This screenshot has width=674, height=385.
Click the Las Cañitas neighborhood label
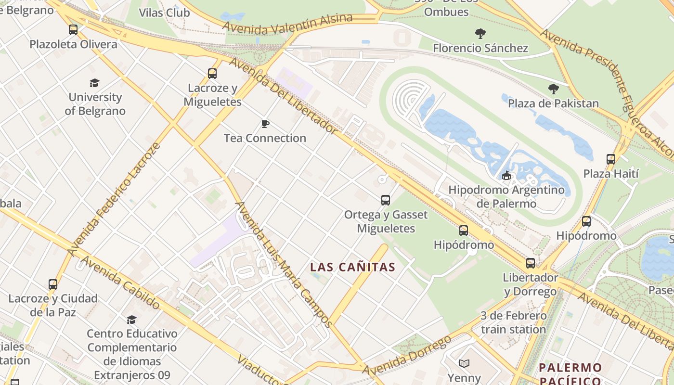pyautogui.click(x=352, y=267)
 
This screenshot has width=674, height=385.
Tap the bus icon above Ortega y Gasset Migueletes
pyautogui.click(x=385, y=200)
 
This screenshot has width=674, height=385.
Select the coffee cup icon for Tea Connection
pyautogui.click(x=265, y=124)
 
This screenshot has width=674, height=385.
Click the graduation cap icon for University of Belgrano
pyautogui.click(x=94, y=83)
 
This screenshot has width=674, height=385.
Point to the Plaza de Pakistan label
pyautogui.click(x=553, y=103)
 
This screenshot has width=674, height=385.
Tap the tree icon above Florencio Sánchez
pyautogui.click(x=480, y=34)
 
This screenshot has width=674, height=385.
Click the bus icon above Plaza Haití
pyautogui.click(x=610, y=159)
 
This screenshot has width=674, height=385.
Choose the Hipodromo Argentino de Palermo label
pyautogui.click(x=506, y=196)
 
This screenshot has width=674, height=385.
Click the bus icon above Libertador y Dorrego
pyautogui.click(x=530, y=263)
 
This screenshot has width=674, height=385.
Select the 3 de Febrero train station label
pyautogui.click(x=513, y=323)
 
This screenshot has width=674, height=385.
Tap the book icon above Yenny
pyautogui.click(x=464, y=364)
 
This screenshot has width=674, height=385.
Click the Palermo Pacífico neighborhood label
pyautogui.click(x=570, y=374)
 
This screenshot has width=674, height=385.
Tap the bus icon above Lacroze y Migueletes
pyautogui.click(x=212, y=74)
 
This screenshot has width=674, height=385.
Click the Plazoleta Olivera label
pyautogui.click(x=73, y=44)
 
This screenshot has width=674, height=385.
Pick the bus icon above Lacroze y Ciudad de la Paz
pyautogui.click(x=53, y=284)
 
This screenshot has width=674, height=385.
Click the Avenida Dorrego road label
pyautogui.click(x=407, y=355)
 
